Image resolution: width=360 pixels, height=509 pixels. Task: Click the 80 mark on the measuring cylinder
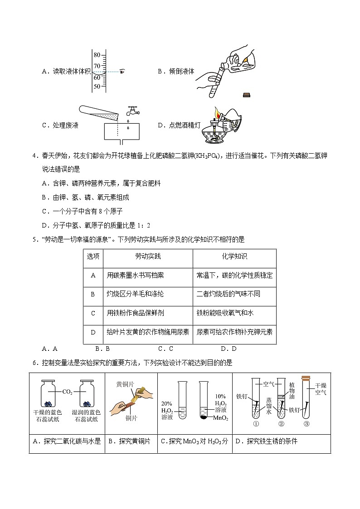[x=97, y=55]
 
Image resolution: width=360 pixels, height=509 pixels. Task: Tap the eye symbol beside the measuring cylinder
[x=123, y=71]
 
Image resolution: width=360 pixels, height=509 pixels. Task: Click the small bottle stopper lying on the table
[x=246, y=94]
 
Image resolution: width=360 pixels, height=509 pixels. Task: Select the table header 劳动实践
[x=148, y=257]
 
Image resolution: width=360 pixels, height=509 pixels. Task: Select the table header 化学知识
[x=234, y=257]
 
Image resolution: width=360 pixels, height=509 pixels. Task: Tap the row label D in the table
[x=93, y=332]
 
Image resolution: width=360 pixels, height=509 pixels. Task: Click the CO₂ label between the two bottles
[x=67, y=392]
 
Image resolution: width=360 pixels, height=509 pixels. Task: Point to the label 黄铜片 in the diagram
[x=125, y=384]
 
